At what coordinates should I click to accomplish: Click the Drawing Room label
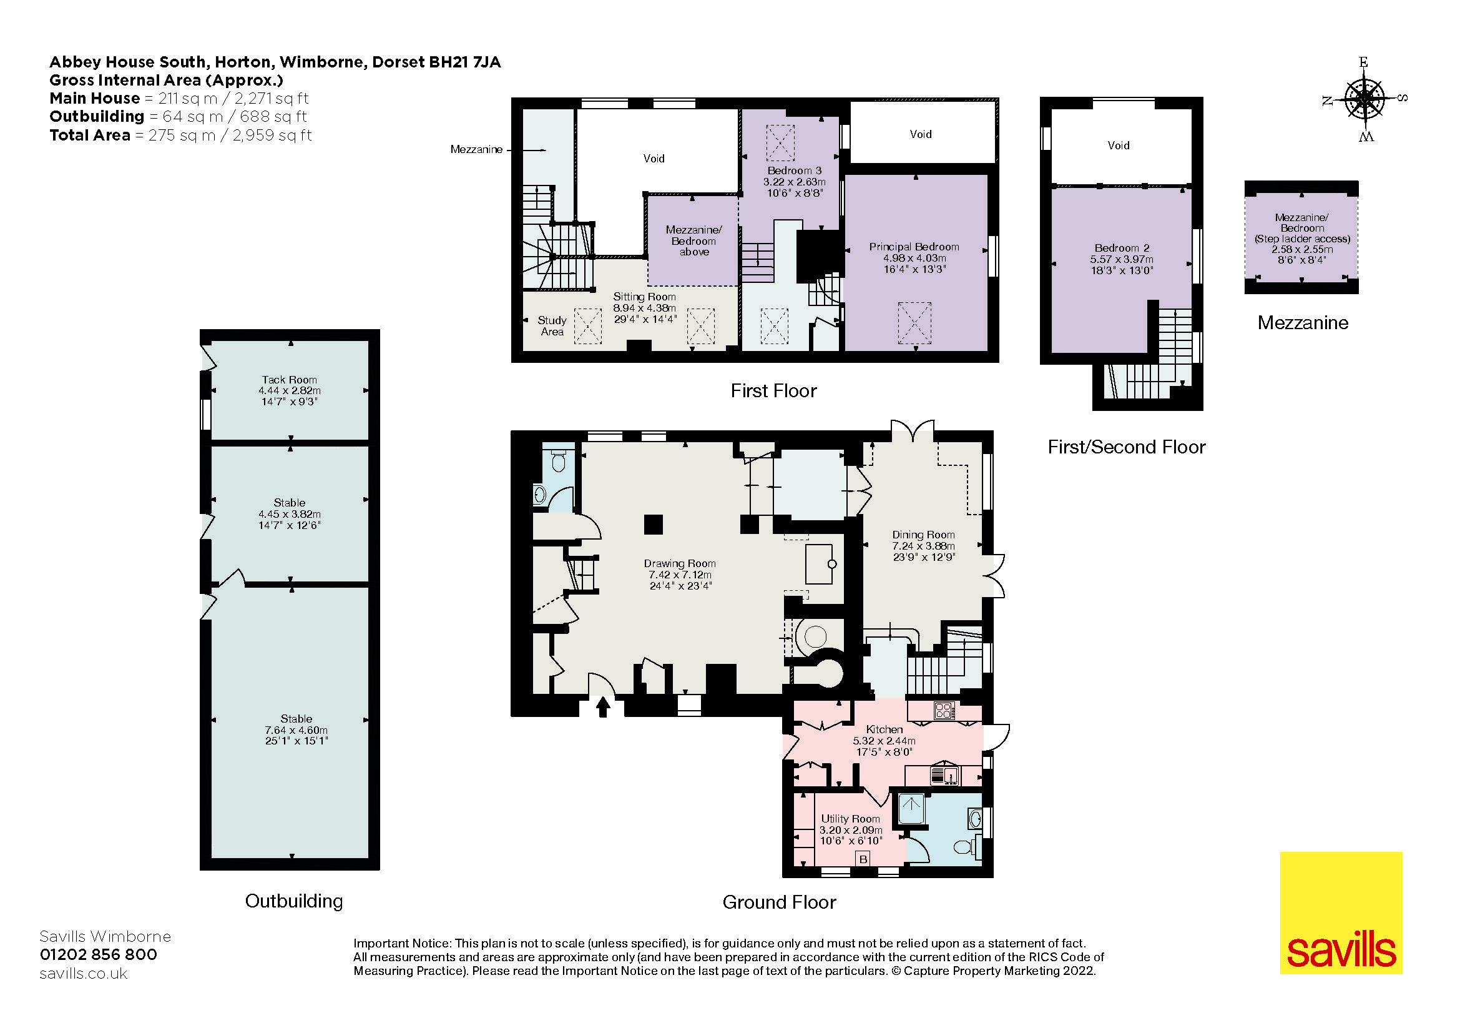(679, 563)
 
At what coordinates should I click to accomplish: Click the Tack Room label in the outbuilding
(290, 380)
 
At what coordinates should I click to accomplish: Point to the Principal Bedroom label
(914, 247)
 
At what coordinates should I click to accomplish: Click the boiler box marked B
(863, 859)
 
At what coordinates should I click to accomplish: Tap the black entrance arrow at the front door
(603, 707)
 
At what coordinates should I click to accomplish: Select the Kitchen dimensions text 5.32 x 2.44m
(884, 741)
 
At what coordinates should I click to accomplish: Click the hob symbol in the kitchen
(944, 711)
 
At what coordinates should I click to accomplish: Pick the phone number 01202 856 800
(99, 954)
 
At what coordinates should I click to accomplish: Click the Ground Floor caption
(779, 902)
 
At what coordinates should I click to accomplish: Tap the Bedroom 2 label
(1122, 248)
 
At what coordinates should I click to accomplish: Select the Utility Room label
(850, 819)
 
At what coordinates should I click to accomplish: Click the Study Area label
(552, 325)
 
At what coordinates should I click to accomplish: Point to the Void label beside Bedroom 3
(920, 134)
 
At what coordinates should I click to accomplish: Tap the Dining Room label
(923, 535)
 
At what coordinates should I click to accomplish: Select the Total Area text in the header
(180, 135)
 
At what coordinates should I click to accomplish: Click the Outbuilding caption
(294, 901)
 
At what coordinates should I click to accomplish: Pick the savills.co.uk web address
(83, 974)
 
